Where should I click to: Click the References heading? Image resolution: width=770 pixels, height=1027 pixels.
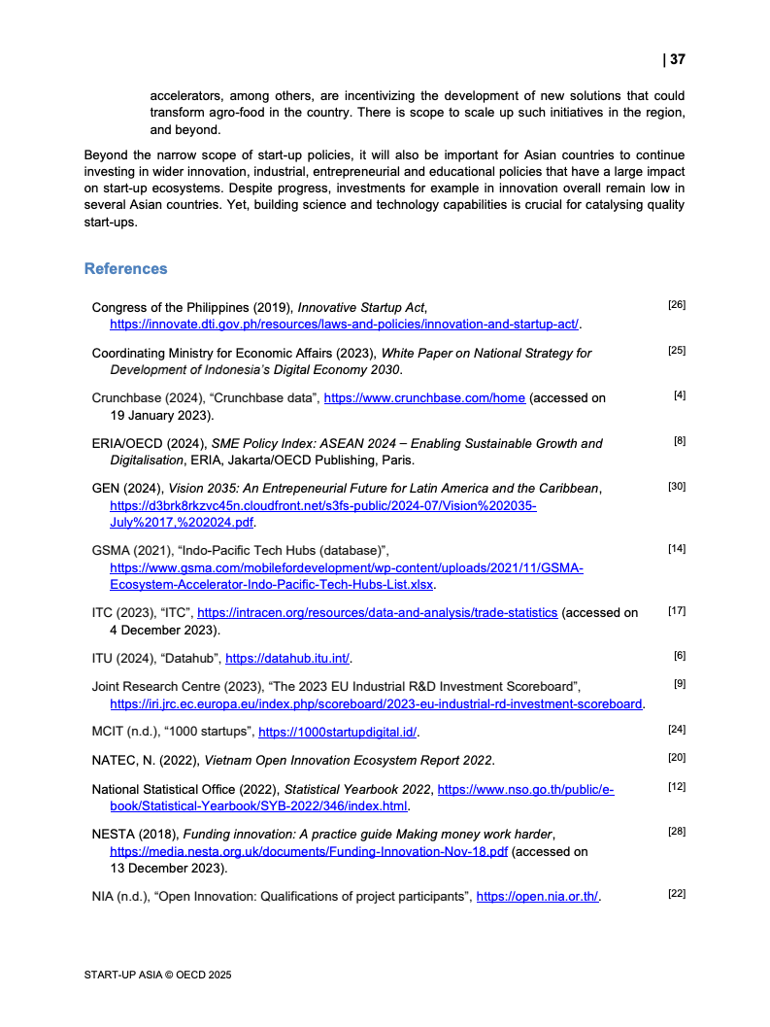click(x=125, y=268)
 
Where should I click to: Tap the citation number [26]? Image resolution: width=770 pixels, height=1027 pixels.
click(x=677, y=305)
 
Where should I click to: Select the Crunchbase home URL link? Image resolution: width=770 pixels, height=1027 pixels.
click(x=424, y=398)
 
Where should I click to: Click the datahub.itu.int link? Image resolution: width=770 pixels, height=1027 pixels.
click(x=288, y=659)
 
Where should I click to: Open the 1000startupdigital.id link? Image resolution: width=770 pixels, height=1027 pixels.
click(x=339, y=732)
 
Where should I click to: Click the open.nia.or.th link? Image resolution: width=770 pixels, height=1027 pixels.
click(x=538, y=897)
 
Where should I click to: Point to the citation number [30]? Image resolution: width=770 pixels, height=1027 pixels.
click(x=677, y=486)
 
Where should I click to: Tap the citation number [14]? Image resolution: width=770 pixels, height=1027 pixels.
click(x=677, y=549)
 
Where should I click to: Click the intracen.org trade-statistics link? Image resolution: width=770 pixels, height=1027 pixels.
click(x=377, y=613)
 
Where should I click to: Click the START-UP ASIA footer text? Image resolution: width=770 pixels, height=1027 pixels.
click(x=158, y=974)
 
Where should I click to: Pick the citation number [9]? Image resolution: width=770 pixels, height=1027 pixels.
click(x=680, y=684)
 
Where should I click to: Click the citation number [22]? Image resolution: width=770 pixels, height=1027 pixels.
click(x=677, y=893)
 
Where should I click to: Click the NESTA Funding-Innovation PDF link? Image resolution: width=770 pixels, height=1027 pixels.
click(x=309, y=852)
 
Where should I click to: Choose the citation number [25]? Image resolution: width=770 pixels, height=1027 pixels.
click(x=677, y=350)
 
